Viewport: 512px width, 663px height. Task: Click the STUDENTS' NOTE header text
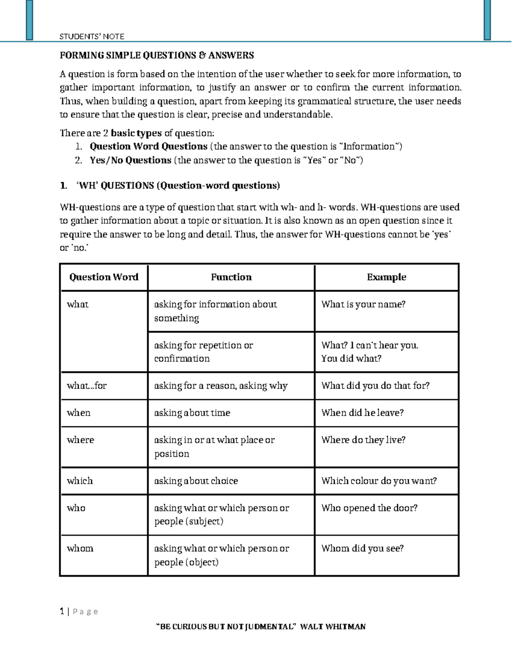click(x=92, y=37)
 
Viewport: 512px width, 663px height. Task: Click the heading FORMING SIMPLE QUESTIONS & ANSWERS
click(x=157, y=55)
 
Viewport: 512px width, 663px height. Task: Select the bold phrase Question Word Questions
click(x=148, y=146)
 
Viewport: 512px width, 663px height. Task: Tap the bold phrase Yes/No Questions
click(x=130, y=161)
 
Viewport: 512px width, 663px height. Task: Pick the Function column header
click(x=231, y=277)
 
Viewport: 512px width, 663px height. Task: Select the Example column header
click(x=386, y=277)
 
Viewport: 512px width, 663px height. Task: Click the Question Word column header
click(x=104, y=277)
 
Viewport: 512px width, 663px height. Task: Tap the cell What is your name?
click(x=363, y=304)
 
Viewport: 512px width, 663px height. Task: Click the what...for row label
click(x=87, y=386)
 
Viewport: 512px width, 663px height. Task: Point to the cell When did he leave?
click(x=362, y=413)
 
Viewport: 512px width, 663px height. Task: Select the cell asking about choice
click(x=196, y=481)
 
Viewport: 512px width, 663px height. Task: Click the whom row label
click(x=80, y=549)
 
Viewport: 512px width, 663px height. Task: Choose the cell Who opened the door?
click(x=369, y=508)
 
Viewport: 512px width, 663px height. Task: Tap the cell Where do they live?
click(x=363, y=440)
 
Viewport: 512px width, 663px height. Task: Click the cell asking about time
click(x=192, y=413)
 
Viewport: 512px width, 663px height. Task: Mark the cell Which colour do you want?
click(x=379, y=481)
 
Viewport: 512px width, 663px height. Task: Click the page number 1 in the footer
click(x=62, y=612)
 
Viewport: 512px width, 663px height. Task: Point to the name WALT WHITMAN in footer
click(x=333, y=627)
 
